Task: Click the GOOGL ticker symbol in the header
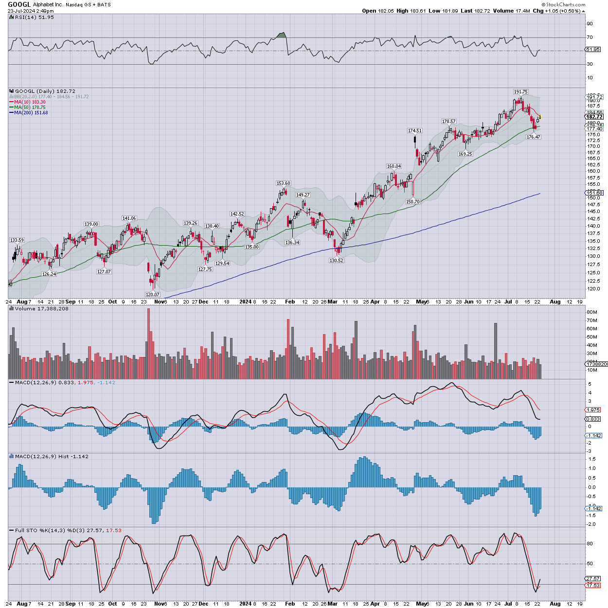(19, 4)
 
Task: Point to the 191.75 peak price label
(520, 91)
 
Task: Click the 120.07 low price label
(152, 294)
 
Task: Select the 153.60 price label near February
(283, 183)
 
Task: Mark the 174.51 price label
(414, 131)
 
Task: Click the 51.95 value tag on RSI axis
(593, 50)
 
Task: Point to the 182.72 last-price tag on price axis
(594, 117)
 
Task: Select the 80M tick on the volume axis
(592, 312)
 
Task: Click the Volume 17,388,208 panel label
(41, 308)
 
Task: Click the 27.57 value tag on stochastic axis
(593, 579)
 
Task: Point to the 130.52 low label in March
(336, 261)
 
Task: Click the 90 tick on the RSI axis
(590, 24)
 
